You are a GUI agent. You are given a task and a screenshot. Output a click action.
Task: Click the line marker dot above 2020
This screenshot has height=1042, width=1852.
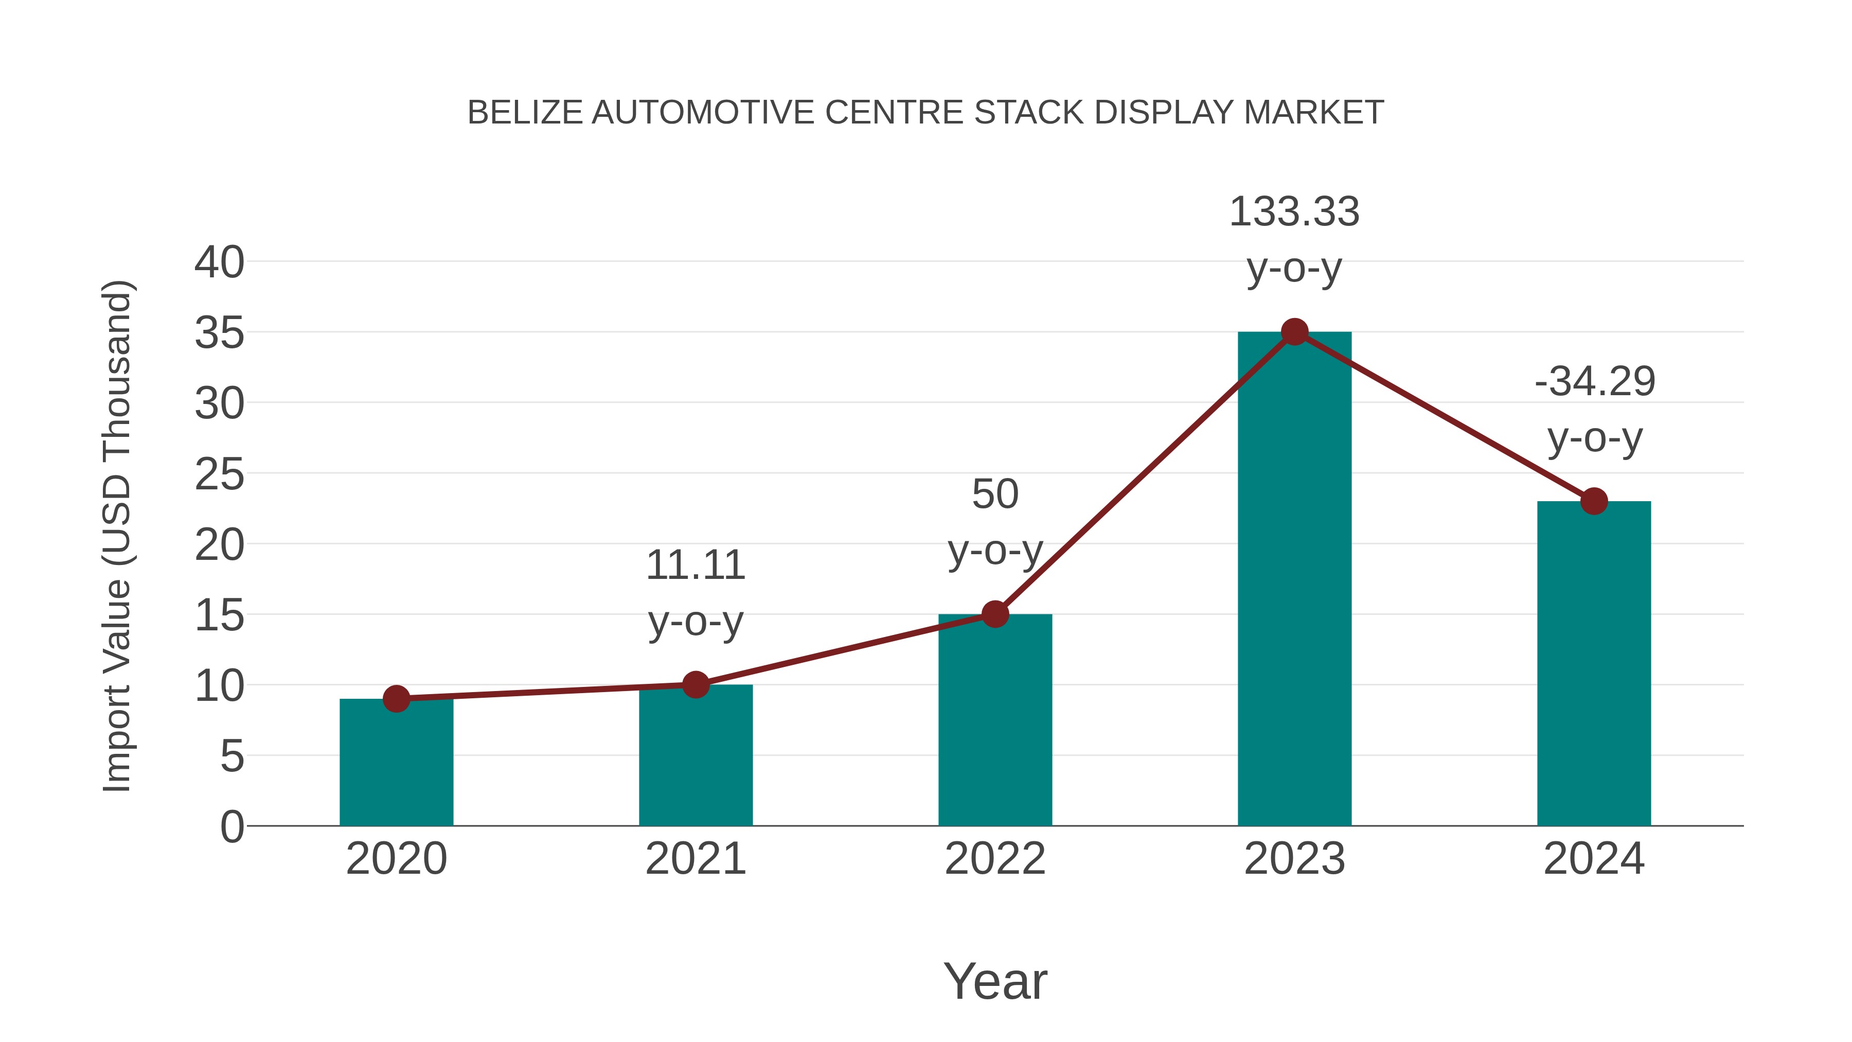click(x=396, y=698)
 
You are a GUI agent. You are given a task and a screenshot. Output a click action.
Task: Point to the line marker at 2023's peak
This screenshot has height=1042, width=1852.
click(x=1294, y=331)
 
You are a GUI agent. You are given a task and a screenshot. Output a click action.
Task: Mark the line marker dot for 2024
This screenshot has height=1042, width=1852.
click(x=1594, y=501)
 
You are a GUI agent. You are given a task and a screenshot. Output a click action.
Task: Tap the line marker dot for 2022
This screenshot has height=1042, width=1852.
click(x=995, y=614)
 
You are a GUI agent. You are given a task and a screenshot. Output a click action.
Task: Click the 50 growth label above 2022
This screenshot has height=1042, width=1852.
click(x=995, y=494)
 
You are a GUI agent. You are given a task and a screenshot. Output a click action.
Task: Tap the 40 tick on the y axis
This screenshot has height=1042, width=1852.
click(x=219, y=262)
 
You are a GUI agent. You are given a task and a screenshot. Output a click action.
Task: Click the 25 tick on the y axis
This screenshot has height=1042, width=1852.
click(x=219, y=474)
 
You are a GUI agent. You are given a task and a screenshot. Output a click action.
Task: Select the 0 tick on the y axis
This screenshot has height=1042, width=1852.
click(x=232, y=827)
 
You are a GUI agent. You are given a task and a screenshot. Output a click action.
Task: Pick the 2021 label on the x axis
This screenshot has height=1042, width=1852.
click(x=695, y=859)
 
